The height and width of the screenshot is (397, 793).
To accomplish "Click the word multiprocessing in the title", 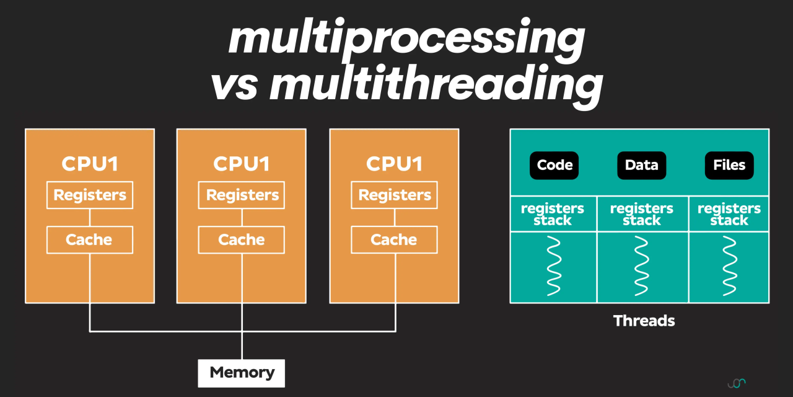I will click(x=406, y=38).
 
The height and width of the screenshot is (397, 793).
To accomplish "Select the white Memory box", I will click(x=242, y=373).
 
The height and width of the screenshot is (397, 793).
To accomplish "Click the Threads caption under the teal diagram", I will click(x=644, y=321).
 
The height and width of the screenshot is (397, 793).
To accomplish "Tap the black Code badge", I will click(x=554, y=166).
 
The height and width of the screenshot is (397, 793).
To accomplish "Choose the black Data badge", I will click(x=641, y=166).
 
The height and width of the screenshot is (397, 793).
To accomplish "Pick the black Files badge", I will click(x=729, y=166).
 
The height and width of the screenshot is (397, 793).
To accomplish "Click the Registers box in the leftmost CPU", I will click(x=90, y=195).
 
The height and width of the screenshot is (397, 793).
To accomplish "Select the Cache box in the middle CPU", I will click(x=242, y=240).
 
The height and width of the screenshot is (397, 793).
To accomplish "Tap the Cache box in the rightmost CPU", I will click(x=394, y=240).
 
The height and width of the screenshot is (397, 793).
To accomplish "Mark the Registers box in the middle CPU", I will click(x=242, y=195).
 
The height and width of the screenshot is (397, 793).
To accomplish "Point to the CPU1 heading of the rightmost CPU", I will click(x=394, y=164).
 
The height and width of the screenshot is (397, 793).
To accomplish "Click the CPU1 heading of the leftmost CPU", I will click(x=90, y=164).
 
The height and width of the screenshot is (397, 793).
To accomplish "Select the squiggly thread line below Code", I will click(x=554, y=267).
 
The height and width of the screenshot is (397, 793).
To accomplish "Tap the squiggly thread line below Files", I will click(x=729, y=267).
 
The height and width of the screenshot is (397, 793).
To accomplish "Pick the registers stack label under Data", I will click(x=641, y=214).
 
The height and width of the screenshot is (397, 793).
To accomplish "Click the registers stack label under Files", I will click(x=729, y=214).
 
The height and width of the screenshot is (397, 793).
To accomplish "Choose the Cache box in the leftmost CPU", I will click(x=90, y=240).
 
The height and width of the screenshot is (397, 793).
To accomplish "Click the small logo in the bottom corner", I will click(x=737, y=383).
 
